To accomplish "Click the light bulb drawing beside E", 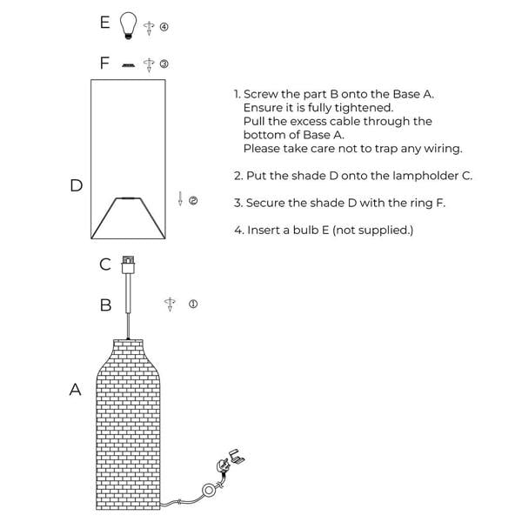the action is click(x=128, y=25).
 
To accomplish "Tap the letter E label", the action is click(x=105, y=23).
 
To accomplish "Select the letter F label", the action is click(x=104, y=63).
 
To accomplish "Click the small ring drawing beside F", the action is click(x=128, y=65).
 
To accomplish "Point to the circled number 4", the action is click(x=164, y=27).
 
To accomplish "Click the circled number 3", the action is click(x=164, y=64).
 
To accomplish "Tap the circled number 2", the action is click(x=193, y=200).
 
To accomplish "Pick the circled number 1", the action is click(x=193, y=304).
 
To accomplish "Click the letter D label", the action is click(x=77, y=185).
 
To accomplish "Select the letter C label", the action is click(x=105, y=264).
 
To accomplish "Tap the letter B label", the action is click(x=105, y=305).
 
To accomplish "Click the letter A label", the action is click(x=75, y=389).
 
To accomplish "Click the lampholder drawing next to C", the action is click(x=128, y=265).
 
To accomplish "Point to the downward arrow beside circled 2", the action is click(x=180, y=198).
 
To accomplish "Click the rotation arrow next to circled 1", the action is click(x=170, y=304).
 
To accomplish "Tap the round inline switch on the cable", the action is click(x=209, y=491).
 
